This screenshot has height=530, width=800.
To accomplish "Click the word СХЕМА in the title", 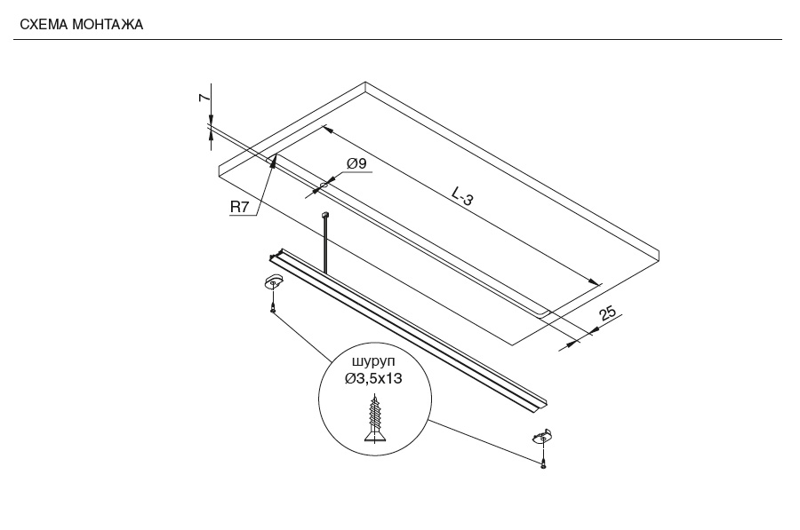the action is [44, 25].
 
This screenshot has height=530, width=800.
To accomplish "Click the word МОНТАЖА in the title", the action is [108, 25].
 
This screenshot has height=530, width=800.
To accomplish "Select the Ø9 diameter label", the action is [356, 163].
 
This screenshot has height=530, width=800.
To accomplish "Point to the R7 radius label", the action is [239, 207].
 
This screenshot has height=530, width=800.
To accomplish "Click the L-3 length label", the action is [462, 196].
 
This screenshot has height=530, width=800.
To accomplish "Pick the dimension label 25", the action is [607, 313].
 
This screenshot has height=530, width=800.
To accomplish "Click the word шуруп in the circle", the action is [373, 362].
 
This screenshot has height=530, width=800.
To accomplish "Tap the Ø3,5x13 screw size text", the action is [373, 379].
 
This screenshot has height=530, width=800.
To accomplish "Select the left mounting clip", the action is [273, 281].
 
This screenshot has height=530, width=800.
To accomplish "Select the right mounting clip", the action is [542, 437].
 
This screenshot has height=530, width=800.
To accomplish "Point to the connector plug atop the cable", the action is [324, 215].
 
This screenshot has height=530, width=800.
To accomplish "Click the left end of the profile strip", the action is [276, 255].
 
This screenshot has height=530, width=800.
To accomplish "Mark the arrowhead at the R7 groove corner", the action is [274, 162].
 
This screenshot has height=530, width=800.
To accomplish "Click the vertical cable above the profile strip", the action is [324, 246].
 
